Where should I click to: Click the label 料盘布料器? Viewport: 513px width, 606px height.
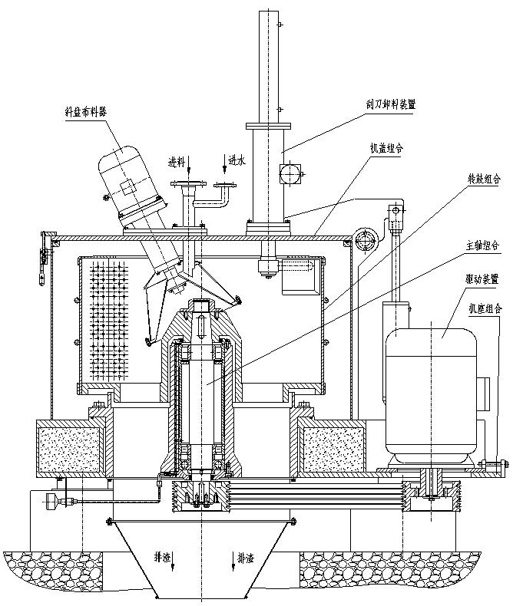coord(86,111)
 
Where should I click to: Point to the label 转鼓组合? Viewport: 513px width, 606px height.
coord(484,179)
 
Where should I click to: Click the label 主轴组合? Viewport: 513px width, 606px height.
coord(484,246)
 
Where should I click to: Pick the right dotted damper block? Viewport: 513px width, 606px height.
coord(333,451)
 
